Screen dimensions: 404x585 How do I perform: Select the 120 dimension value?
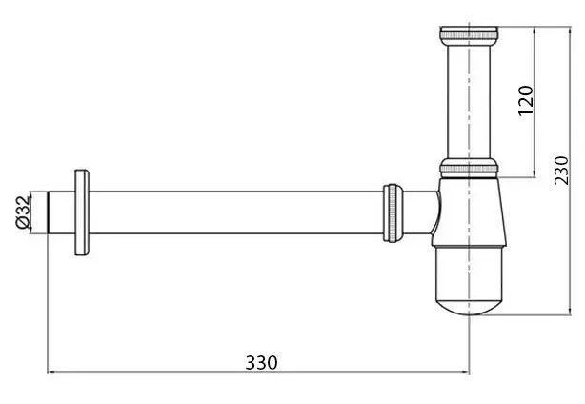click(x=525, y=99)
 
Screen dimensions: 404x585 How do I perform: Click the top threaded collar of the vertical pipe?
click(x=469, y=37)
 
